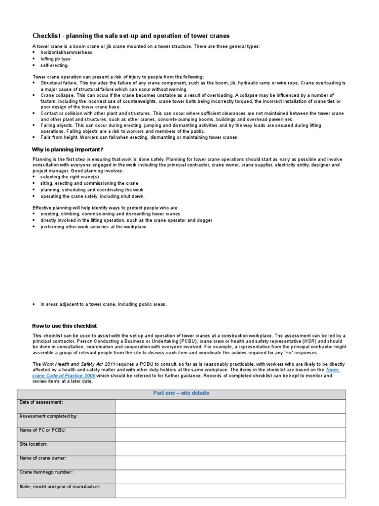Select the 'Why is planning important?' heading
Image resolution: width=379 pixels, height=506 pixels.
(68, 149)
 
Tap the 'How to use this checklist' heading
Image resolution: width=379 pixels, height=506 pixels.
(64, 326)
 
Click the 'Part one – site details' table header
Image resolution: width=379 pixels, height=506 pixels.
(181, 393)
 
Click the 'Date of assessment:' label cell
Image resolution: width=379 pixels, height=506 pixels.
(66, 406)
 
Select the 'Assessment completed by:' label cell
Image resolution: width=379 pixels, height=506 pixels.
(66, 420)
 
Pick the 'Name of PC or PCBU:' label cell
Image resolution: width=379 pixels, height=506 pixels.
(66, 434)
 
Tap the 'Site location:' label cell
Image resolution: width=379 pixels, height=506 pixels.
(66, 448)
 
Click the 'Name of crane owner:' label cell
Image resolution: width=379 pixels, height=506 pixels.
(66, 463)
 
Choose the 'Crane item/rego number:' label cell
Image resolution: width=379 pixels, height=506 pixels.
(66, 476)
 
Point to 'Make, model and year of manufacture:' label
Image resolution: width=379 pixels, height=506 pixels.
(66, 490)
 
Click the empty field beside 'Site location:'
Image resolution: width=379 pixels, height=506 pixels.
(230, 448)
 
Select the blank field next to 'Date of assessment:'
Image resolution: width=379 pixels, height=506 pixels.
(230, 406)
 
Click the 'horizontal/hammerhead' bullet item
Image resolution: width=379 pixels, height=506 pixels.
(66, 52)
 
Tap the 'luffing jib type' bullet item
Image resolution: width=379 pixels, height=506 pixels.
(55, 59)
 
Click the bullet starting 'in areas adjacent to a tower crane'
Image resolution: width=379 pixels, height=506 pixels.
(103, 304)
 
